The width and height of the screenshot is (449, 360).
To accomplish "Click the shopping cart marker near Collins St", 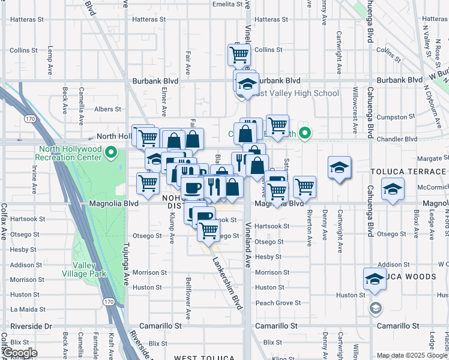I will tap(239, 55).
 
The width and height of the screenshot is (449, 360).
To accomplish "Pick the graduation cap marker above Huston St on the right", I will tap(375, 279).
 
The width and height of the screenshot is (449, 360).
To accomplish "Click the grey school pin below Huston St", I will tap(375, 308).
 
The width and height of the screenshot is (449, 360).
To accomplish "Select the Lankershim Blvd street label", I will tap(228, 282).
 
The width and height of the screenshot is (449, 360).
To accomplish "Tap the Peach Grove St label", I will tap(277, 303).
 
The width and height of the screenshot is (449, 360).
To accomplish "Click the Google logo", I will tap(20, 353).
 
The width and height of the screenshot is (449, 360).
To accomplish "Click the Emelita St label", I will tap(226, 4).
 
